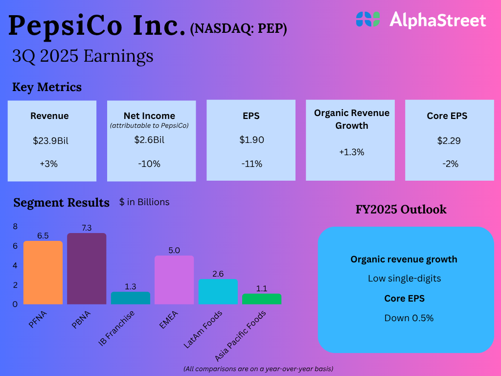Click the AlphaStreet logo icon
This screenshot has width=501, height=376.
pyautogui.click(x=367, y=19)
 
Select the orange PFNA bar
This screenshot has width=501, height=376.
pyautogui.click(x=43, y=272)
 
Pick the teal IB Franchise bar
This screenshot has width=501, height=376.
pyautogui.click(x=131, y=298)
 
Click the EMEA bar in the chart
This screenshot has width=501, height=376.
pyautogui.click(x=174, y=280)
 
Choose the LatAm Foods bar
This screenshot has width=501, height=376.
pyautogui.click(x=218, y=291)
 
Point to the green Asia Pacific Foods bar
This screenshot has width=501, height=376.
pyautogui.click(x=262, y=299)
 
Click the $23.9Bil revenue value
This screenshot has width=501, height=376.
pyautogui.click(x=50, y=141)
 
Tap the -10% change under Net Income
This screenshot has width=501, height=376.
pyautogui.click(x=149, y=164)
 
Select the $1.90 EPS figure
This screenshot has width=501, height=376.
pyautogui.click(x=251, y=140)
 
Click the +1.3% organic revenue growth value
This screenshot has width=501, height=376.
pyautogui.click(x=351, y=152)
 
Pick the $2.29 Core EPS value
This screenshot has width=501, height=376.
pyautogui.click(x=449, y=141)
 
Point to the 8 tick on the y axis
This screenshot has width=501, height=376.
pyautogui.click(x=15, y=227)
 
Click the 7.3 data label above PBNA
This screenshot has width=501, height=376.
pyautogui.click(x=87, y=228)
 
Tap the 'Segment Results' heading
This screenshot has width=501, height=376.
pyautogui.click(x=61, y=203)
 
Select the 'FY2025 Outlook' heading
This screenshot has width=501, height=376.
pyautogui.click(x=401, y=210)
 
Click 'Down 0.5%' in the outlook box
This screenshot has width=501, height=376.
pyautogui.click(x=409, y=318)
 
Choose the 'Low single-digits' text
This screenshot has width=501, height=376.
pyautogui.click(x=404, y=279)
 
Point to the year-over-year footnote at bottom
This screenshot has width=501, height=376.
pyautogui.click(x=258, y=368)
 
